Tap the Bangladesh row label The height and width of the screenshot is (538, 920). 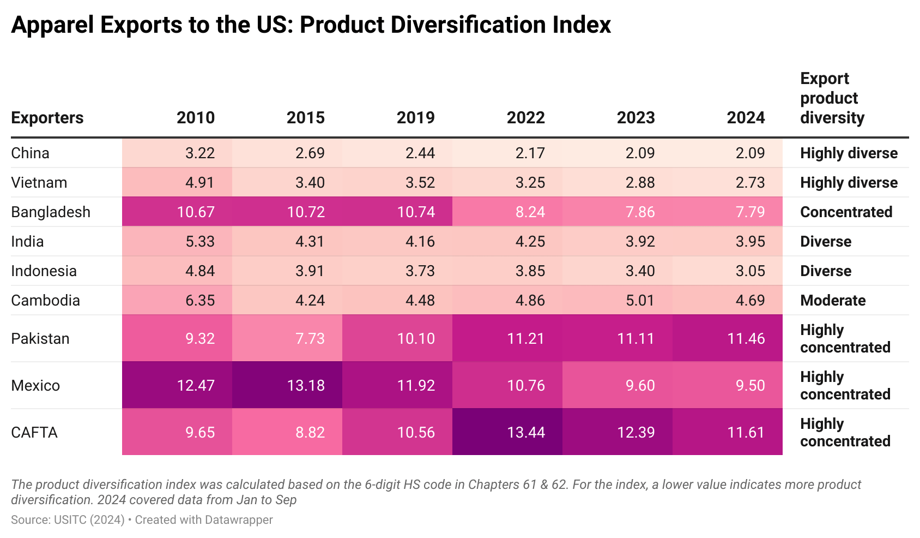(x=51, y=212)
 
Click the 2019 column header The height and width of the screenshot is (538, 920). (x=415, y=117)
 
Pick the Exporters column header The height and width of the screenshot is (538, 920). (x=47, y=117)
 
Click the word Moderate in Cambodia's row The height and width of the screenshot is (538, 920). (x=833, y=300)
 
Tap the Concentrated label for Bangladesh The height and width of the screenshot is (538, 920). (x=846, y=212)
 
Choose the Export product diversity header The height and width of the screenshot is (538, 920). (x=832, y=98)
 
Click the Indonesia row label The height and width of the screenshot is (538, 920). (x=44, y=271)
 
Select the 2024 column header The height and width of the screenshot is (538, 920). (x=746, y=117)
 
